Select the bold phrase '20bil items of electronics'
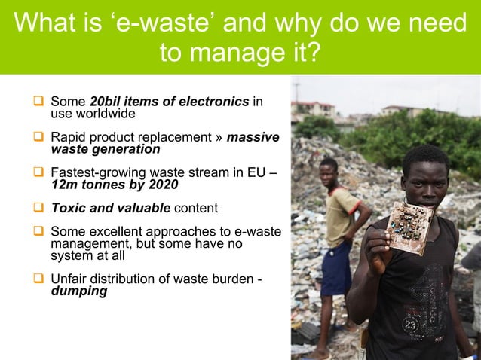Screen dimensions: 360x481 (169, 102)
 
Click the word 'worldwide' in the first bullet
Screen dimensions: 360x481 (93, 114)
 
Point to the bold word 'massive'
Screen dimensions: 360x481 (253, 137)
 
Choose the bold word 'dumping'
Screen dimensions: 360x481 (78, 291)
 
